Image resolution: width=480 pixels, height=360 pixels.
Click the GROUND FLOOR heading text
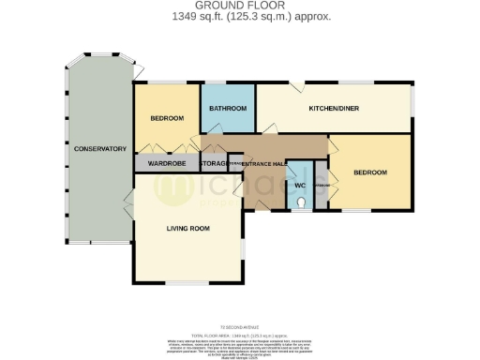tap(239, 7)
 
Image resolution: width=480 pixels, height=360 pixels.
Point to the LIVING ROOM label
tap(187, 228)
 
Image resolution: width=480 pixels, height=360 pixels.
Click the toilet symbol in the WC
tap(299, 199)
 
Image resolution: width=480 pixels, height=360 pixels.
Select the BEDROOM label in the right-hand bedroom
tap(369, 172)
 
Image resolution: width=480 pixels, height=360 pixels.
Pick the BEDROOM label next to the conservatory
tap(166, 118)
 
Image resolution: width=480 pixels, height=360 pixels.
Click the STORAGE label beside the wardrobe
tap(214, 164)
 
